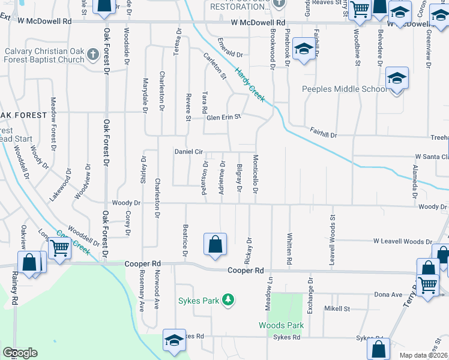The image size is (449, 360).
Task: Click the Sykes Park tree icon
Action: click(228, 299)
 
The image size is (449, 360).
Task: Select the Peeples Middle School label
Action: click(344, 89)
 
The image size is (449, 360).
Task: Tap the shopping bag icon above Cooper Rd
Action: click(215, 244)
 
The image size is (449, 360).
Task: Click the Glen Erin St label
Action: click(223, 117)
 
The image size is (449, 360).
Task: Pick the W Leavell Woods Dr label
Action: click(402, 241)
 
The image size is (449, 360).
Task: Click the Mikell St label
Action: click(337, 308)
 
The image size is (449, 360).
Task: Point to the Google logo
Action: click(20, 353)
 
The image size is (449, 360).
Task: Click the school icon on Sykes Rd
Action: click(174, 340)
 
